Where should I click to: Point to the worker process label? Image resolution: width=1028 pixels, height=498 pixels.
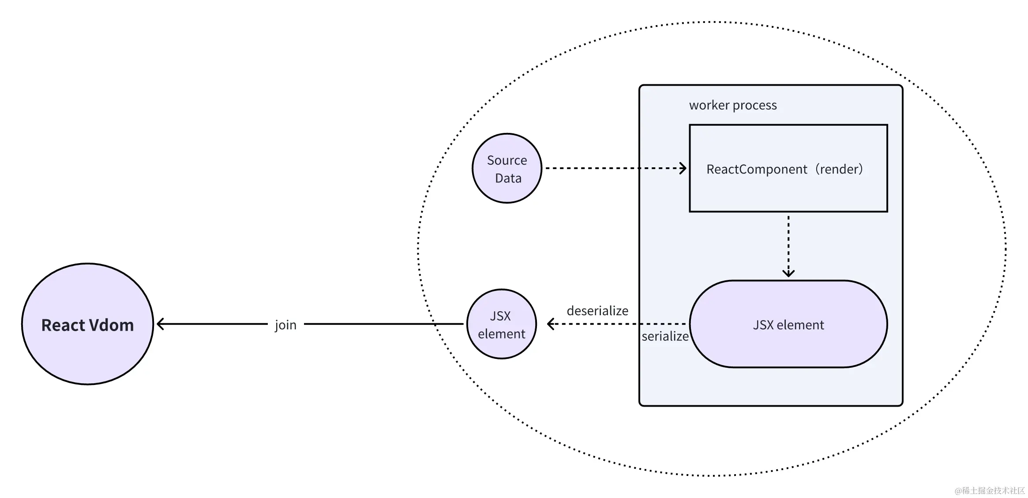click(x=733, y=105)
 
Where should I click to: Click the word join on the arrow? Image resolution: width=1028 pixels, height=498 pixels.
click(x=285, y=325)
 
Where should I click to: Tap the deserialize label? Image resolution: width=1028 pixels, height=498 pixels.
click(x=597, y=311)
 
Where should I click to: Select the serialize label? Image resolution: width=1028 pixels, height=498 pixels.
click(x=665, y=336)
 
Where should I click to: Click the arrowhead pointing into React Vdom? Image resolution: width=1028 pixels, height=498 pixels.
click(x=160, y=324)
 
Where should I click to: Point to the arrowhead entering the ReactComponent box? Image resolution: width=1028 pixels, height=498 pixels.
click(x=683, y=168)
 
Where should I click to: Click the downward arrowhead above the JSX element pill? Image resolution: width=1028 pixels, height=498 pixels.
click(x=788, y=273)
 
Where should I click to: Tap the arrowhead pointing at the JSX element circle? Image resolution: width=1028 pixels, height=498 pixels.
click(x=550, y=324)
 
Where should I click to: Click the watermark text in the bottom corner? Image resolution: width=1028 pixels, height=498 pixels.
click(x=989, y=490)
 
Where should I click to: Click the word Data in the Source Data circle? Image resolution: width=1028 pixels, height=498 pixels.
click(x=508, y=178)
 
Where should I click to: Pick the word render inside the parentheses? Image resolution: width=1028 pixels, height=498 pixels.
click(x=838, y=169)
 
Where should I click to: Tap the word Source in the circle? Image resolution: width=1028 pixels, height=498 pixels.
click(x=507, y=160)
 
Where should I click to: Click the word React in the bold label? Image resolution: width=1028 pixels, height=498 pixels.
click(x=63, y=325)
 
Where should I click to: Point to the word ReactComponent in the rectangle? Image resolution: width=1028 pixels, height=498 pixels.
click(x=757, y=170)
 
